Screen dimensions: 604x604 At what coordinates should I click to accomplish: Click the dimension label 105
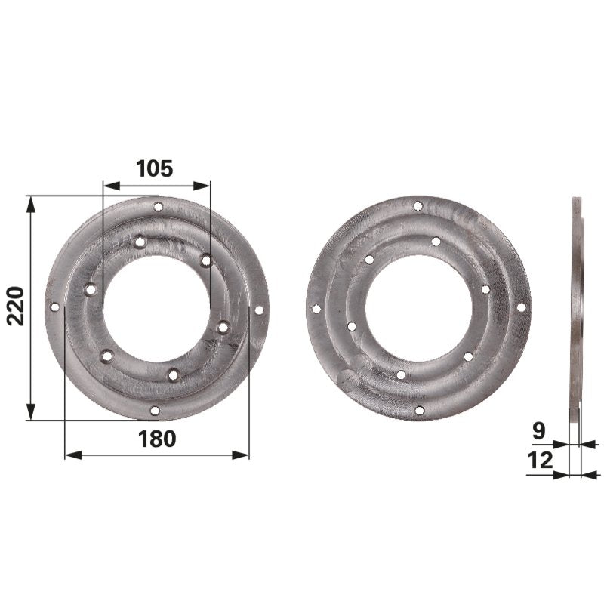[155, 168]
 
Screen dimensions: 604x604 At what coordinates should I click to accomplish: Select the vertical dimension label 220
[17, 306]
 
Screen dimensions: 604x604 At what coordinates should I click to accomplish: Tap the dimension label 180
[157, 439]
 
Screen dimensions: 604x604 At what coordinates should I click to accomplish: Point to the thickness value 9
[539, 431]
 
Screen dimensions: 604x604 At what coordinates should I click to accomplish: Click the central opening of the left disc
[156, 309]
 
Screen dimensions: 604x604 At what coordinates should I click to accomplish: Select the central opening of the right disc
[418, 308]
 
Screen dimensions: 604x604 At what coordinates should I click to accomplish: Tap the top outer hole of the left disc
[158, 206]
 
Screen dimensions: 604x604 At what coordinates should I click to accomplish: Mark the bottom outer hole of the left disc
[155, 410]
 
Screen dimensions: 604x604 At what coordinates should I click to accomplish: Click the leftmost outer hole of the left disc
[54, 307]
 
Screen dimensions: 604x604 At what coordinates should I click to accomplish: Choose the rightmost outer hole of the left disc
[259, 310]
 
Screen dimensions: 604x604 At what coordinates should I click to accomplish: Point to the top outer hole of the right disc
[418, 205]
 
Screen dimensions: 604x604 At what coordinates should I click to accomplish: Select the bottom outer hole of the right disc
[419, 410]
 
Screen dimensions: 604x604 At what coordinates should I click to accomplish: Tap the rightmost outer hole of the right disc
[521, 307]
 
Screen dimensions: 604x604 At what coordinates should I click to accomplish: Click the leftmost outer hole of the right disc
[316, 308]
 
